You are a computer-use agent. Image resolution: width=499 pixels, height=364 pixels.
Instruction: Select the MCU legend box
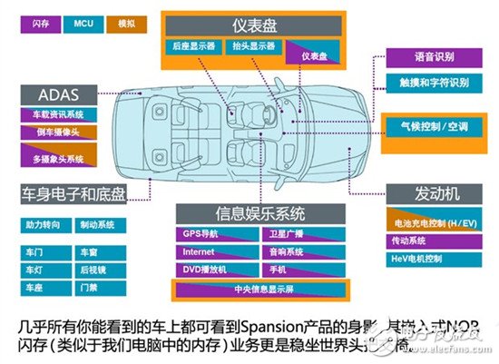coord(82,25)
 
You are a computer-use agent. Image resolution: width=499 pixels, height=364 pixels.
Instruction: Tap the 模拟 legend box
coord(126,25)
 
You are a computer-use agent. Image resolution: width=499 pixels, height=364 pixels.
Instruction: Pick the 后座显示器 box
coord(195,44)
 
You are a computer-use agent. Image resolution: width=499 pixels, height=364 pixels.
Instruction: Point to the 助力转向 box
coord(43,223)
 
